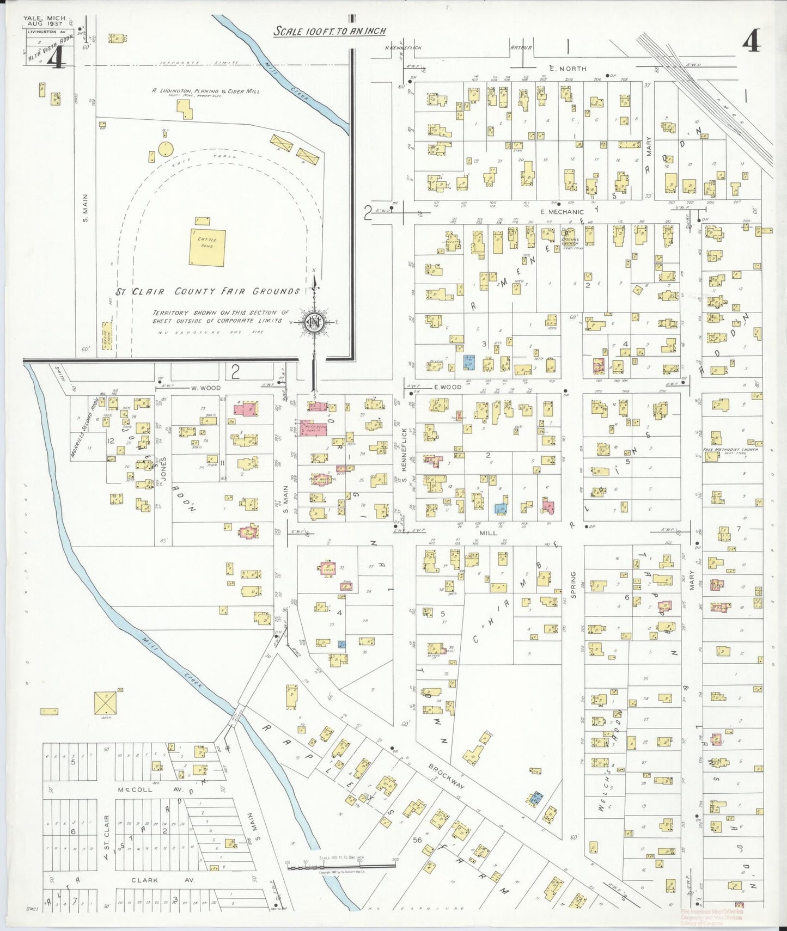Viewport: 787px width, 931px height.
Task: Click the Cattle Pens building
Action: (207, 247)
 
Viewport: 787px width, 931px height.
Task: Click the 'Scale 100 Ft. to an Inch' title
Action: (330, 31)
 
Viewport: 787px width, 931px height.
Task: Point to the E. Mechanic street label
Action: (562, 212)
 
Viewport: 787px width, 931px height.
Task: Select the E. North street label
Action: (568, 69)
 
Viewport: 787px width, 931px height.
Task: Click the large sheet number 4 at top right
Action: (751, 41)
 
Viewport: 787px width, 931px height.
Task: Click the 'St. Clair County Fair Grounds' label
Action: (209, 292)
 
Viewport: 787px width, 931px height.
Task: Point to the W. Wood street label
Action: (205, 388)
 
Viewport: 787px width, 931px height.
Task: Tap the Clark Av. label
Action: (144, 880)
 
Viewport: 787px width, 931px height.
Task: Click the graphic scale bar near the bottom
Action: (341, 864)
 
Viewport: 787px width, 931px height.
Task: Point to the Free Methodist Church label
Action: (730, 450)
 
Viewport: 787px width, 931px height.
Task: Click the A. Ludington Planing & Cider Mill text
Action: (205, 91)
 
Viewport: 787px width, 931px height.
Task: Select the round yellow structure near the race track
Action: (166, 148)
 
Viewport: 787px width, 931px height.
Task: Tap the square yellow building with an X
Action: (106, 703)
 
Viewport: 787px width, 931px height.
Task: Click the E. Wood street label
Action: (447, 387)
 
